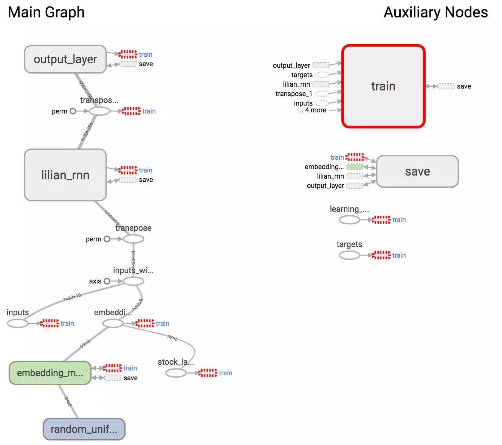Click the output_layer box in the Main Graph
[65, 59]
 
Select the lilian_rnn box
[65, 175]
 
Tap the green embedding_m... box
[50, 373]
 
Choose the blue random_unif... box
[84, 429]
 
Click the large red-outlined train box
[383, 86]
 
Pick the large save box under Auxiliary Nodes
[417, 171]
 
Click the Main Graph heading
[46, 12]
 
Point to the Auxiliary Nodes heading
[435, 12]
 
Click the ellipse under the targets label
[349, 255]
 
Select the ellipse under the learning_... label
[349, 220]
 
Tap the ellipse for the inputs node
[18, 324]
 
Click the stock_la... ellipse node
[176, 373]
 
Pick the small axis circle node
[107, 281]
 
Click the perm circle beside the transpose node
[107, 239]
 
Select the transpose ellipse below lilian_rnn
[133, 239]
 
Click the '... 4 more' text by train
[312, 110]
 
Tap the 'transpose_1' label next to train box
[294, 94]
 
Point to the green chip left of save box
[355, 167]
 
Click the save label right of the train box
[464, 86]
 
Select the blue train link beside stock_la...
[225, 373]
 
